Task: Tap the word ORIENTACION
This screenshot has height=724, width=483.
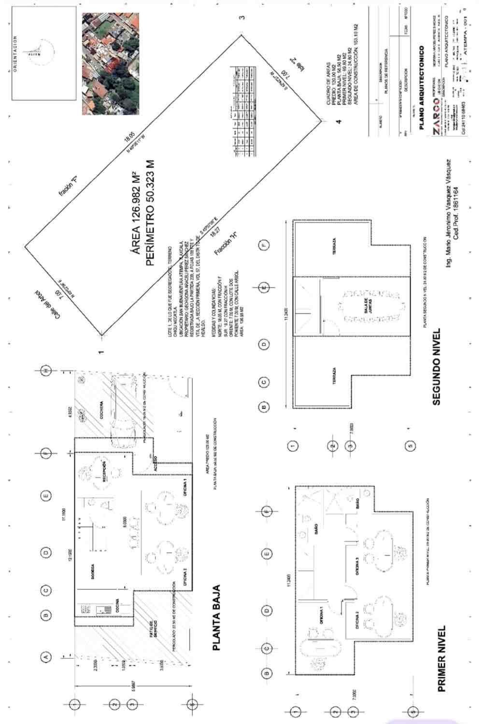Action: [x=15, y=53]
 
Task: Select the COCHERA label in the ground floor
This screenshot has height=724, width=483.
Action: [x=102, y=410]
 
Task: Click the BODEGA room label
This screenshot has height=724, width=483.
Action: [x=92, y=571]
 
